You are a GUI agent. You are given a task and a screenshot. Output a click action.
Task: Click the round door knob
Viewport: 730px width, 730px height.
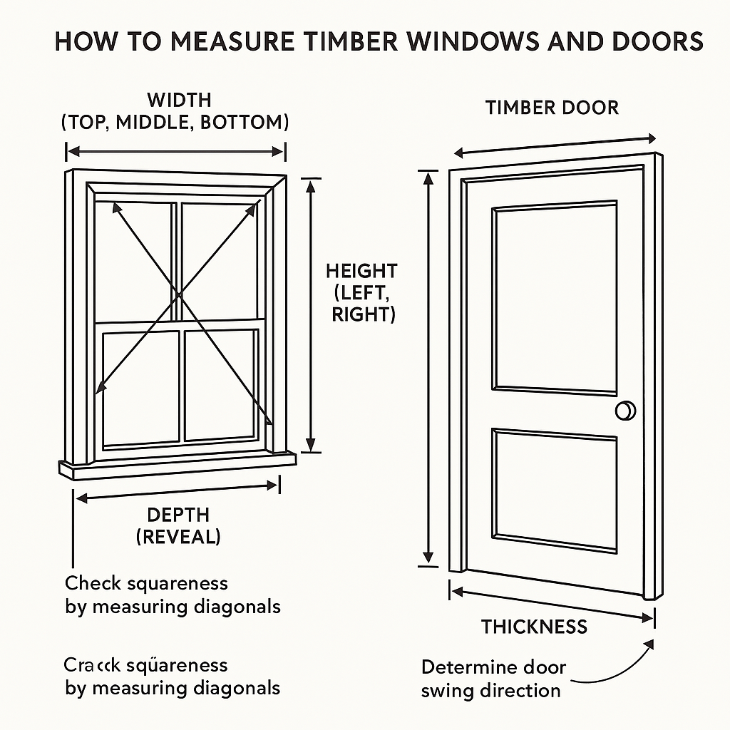[625, 411]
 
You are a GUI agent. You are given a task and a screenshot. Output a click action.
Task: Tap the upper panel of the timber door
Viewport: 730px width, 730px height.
[555, 297]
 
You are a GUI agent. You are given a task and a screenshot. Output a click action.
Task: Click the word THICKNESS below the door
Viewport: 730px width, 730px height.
[534, 627]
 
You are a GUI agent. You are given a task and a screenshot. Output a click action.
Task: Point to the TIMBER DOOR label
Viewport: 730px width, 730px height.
[552, 108]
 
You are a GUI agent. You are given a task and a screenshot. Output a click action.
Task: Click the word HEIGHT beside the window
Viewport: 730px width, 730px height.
[361, 271]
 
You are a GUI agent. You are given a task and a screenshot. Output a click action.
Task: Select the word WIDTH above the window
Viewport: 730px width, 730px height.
[179, 99]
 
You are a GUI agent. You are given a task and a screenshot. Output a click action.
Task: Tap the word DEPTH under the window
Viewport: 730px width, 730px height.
[178, 515]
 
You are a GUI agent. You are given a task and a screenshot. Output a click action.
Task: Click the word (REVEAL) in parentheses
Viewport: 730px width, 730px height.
[178, 537]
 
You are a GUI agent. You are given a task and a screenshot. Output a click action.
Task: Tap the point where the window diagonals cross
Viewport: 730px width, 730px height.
[178, 294]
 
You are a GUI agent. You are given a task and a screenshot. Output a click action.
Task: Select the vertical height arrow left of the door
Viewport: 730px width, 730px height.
[428, 367]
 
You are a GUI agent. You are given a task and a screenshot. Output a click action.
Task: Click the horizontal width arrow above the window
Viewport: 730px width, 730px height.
[176, 151]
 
